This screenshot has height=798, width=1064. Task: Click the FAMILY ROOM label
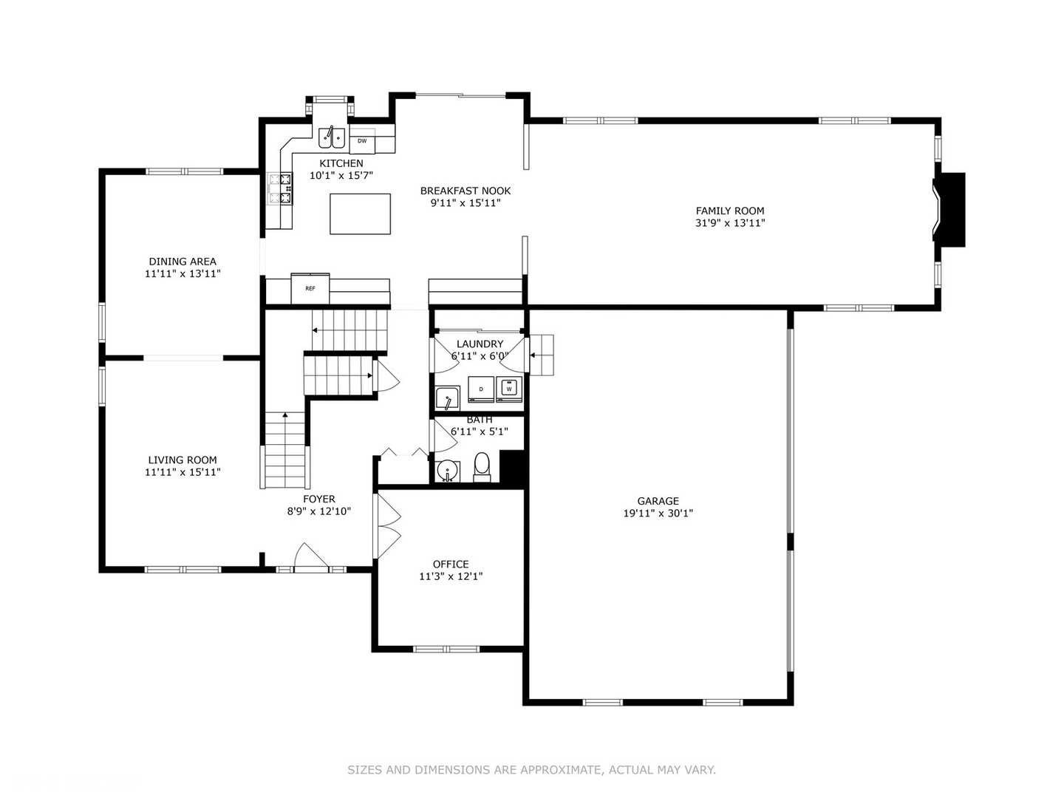pyautogui.click(x=729, y=211)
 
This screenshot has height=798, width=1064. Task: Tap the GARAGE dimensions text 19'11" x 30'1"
pyautogui.click(x=658, y=513)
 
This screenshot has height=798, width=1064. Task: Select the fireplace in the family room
pyautogui.click(x=950, y=209)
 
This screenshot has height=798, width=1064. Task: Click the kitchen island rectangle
pyautogui.click(x=360, y=214)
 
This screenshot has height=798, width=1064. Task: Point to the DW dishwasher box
pyautogui.click(x=362, y=140)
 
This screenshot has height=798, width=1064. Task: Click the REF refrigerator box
pyautogui.click(x=310, y=288)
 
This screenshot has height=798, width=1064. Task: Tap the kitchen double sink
pyautogui.click(x=332, y=137)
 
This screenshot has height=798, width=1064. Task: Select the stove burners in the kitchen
pyautogui.click(x=281, y=188)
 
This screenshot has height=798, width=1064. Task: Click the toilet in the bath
pyautogui.click(x=482, y=466)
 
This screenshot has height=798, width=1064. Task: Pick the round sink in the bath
pyautogui.click(x=446, y=471)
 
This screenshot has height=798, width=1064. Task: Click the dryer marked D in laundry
pyautogui.click(x=481, y=389)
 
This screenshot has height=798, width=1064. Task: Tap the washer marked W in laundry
pyautogui.click(x=509, y=388)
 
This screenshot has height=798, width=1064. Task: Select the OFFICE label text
pyautogui.click(x=451, y=565)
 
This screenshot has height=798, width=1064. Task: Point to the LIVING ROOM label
pyautogui.click(x=183, y=460)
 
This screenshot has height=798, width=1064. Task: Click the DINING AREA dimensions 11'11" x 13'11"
pyautogui.click(x=183, y=273)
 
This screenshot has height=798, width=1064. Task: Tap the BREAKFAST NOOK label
pyautogui.click(x=465, y=191)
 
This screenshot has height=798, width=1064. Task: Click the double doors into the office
pyautogui.click(x=387, y=525)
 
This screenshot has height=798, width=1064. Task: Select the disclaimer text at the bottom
pyautogui.click(x=531, y=770)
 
